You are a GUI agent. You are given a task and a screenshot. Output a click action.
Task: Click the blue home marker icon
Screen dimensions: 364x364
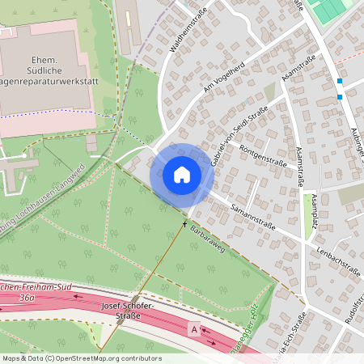coord(182,174)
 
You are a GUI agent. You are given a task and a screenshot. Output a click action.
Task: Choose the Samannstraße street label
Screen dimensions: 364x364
coord(252,214)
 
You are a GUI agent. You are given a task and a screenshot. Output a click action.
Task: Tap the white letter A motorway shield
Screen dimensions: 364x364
coord(193,329)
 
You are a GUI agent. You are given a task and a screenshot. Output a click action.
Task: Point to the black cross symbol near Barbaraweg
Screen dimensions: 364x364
coord(184,223)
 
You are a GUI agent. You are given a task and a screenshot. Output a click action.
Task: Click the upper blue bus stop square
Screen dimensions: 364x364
coord(340,82)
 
